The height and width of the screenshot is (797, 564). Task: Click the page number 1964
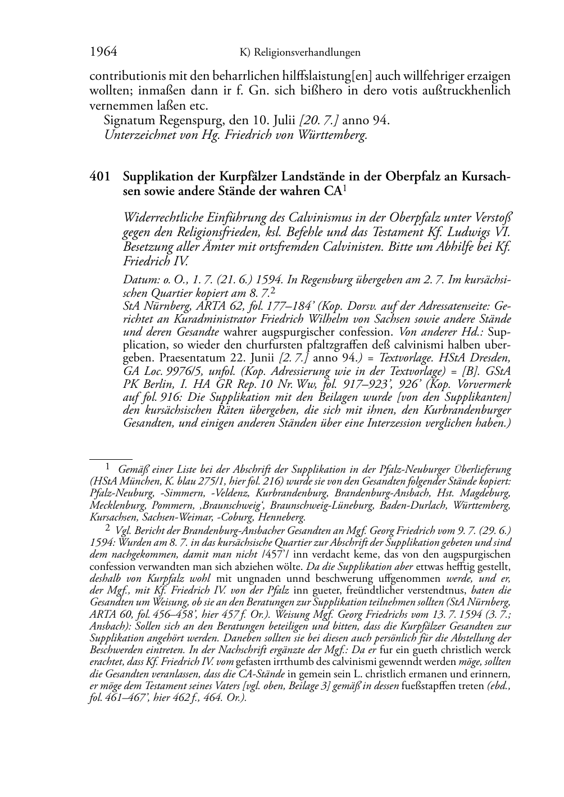coord(103,52)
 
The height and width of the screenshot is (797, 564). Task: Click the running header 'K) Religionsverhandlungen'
coord(299,53)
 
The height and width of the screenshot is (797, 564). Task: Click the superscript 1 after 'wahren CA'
coord(344,189)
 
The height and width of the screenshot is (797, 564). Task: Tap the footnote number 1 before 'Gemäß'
coord(108,466)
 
